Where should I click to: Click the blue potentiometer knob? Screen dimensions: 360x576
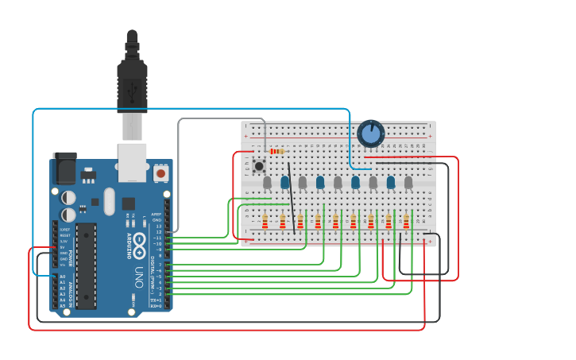[370, 134]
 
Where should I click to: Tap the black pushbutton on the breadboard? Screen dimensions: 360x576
[259, 166]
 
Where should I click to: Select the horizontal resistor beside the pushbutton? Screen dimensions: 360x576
[276, 151]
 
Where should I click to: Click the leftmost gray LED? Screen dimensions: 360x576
[267, 183]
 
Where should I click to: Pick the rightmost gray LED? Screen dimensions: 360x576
[408, 183]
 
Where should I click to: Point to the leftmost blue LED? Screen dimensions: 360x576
[285, 183]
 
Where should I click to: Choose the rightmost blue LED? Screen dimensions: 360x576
[391, 183]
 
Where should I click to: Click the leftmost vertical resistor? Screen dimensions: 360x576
[265, 221]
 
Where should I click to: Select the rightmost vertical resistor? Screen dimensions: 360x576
[406, 221]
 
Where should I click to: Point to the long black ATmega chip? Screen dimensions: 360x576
[86, 266]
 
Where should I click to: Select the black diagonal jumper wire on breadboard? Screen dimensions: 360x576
[292, 198]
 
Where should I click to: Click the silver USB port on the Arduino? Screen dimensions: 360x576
[132, 162]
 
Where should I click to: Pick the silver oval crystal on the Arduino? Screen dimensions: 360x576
[109, 201]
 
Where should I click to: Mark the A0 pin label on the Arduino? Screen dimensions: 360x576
[63, 277]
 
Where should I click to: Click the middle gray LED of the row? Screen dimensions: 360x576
[338, 183]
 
